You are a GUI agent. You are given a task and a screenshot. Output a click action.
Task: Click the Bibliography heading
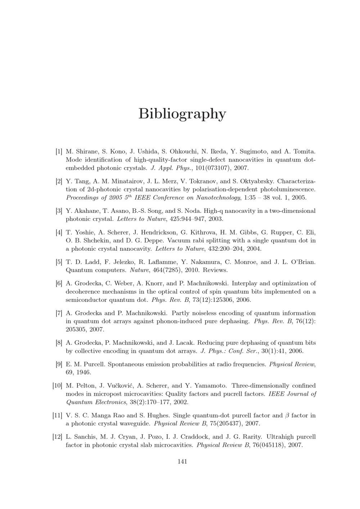pos(182,114)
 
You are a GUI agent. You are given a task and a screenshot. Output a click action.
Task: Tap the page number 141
pos(182,462)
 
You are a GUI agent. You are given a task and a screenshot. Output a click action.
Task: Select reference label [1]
pos(59,151)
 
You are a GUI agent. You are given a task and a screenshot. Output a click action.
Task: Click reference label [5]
pos(59,262)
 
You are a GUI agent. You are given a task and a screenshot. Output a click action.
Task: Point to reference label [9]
pos(59,364)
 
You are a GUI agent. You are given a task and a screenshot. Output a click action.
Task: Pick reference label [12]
pos(57,437)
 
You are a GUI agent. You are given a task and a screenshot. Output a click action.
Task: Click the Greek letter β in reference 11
pos(287,415)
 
